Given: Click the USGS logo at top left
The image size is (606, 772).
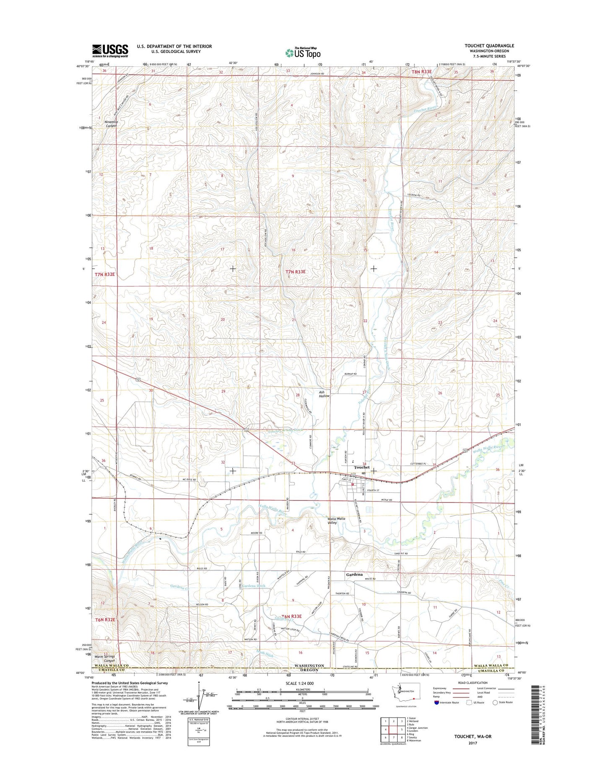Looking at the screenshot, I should tap(110, 51).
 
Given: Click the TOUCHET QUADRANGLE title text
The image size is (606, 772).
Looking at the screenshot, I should tap(489, 46).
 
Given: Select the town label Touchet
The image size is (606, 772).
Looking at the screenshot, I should tap(362, 467).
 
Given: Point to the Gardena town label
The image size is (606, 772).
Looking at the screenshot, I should tap(354, 575).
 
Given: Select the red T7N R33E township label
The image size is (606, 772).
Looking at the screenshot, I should tap(295, 272).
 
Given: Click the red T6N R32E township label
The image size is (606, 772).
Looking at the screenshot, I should tap(104, 619).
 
